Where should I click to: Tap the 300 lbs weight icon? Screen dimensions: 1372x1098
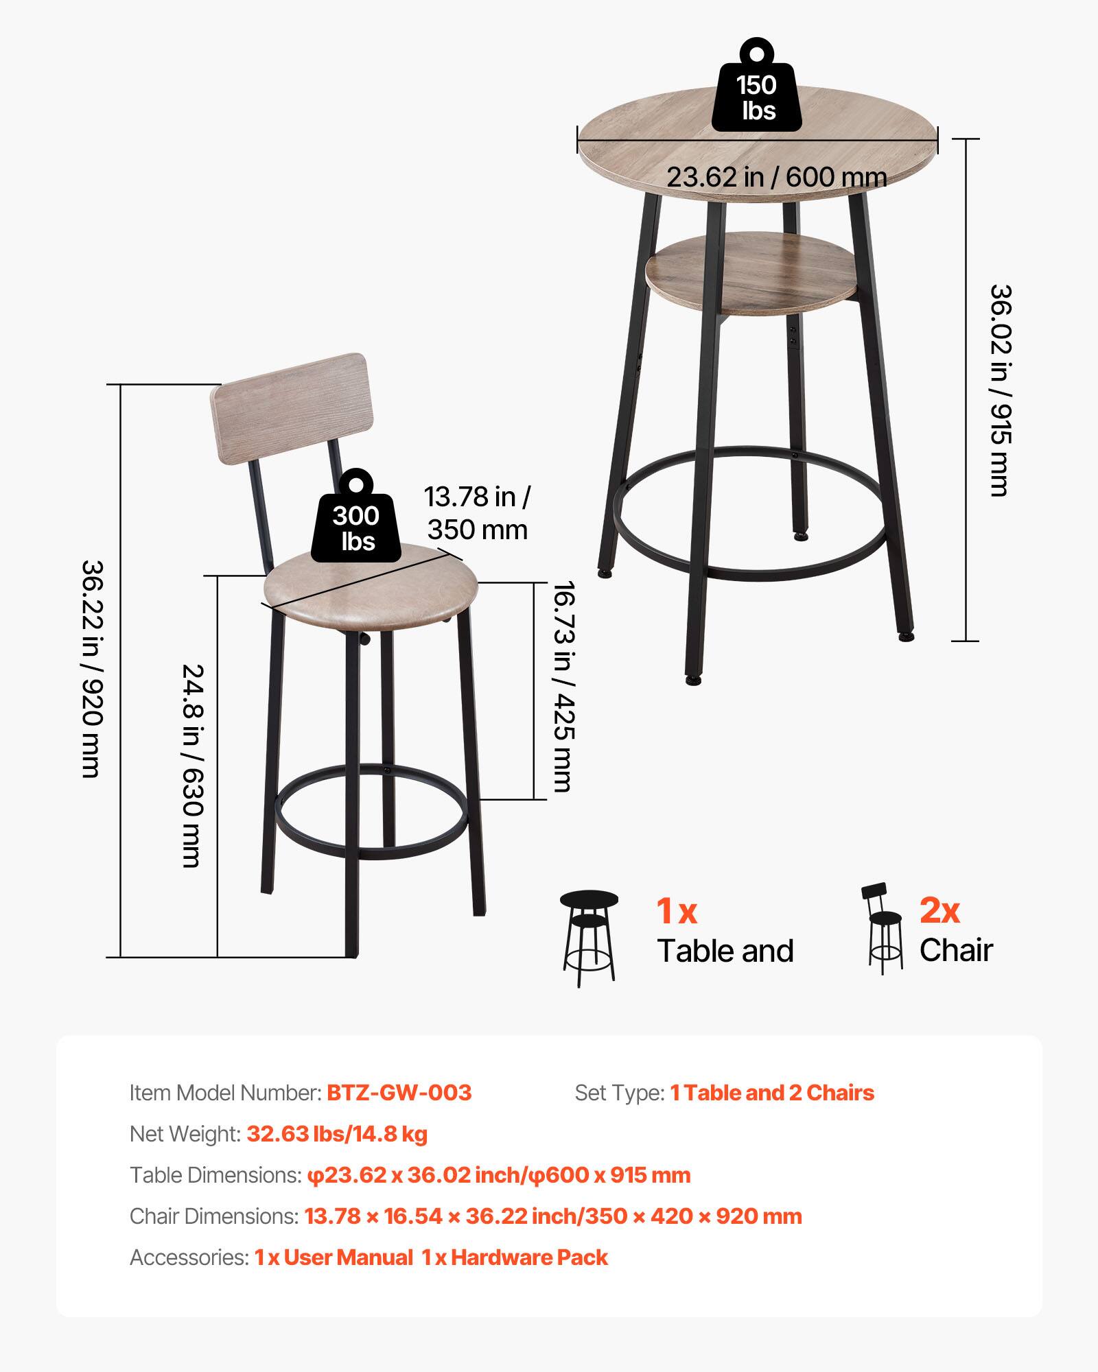355,521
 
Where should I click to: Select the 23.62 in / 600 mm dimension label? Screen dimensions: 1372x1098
776,177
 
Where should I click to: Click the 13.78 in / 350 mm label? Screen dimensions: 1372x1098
477,513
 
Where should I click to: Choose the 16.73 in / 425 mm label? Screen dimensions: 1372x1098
563,686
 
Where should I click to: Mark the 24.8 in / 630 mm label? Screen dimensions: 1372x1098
192,765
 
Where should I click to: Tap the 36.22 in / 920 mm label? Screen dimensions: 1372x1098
92,669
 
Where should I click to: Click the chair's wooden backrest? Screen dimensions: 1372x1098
290,409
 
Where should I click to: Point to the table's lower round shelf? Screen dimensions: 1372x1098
751,273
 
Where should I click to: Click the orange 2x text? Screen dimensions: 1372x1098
939,910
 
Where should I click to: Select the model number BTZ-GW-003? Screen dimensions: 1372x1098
399,1093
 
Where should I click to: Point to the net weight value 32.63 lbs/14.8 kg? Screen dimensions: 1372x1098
337,1134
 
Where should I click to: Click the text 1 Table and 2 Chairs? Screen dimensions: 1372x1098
772,1093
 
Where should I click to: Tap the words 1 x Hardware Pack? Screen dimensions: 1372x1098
515,1257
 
